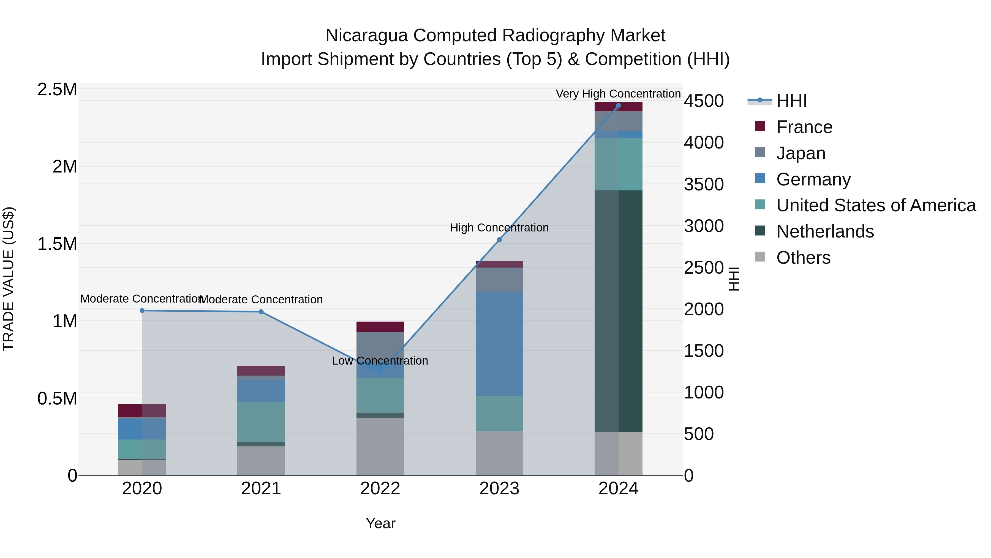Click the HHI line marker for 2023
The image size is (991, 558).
pos(499,239)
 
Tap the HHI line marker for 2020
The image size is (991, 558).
pos(142,310)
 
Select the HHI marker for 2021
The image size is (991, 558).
pos(261,312)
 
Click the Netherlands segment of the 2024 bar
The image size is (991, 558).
pos(618,311)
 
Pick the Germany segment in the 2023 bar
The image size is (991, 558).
pos(499,344)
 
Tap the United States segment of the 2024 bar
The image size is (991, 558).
pos(618,164)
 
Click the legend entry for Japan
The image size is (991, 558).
pos(800,153)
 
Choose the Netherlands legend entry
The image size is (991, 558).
pos(824,231)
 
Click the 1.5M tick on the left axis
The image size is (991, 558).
pos(57,244)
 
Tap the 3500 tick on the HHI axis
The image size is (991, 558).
pos(704,184)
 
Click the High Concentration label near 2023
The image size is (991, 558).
pos(499,228)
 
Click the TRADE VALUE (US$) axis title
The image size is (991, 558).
pos(9,279)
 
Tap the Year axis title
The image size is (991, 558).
pos(380,523)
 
